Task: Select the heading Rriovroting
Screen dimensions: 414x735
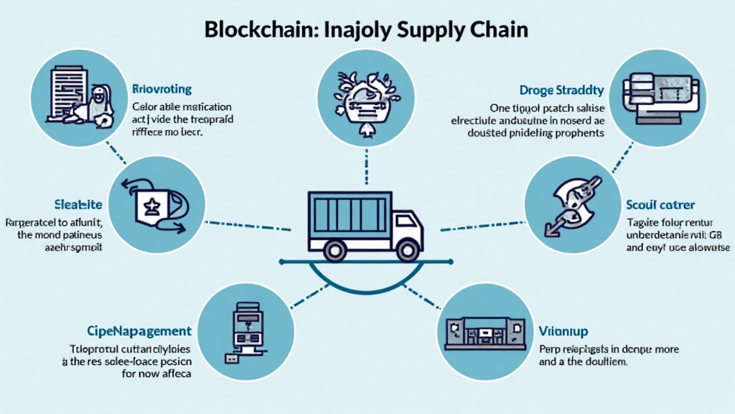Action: click(162, 90)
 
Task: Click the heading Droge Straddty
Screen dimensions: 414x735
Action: click(561, 91)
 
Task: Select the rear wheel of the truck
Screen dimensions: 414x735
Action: click(334, 250)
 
